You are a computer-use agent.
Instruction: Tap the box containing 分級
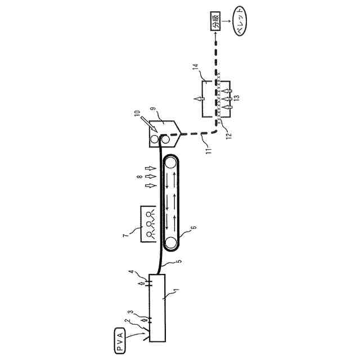(x=215, y=21)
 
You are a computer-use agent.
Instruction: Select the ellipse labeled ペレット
(x=240, y=21)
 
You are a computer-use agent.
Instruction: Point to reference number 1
(x=176, y=291)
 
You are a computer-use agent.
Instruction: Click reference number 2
(x=128, y=321)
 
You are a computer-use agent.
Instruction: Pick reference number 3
(x=131, y=312)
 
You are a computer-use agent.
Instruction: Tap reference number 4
(x=131, y=272)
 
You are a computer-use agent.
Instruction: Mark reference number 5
(x=179, y=261)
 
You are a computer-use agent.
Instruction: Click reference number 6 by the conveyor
(x=194, y=228)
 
